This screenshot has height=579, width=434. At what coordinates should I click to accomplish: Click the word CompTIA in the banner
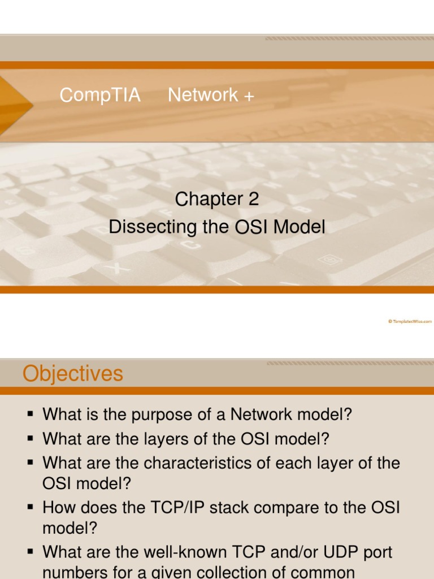coord(100,95)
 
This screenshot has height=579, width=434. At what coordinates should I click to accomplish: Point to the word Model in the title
coord(299,227)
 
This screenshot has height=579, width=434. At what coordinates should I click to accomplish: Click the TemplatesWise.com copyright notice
coord(410,321)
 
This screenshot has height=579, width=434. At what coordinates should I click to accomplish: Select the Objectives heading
coord(73,374)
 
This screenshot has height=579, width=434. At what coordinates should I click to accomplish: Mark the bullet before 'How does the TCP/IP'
coord(31,507)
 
